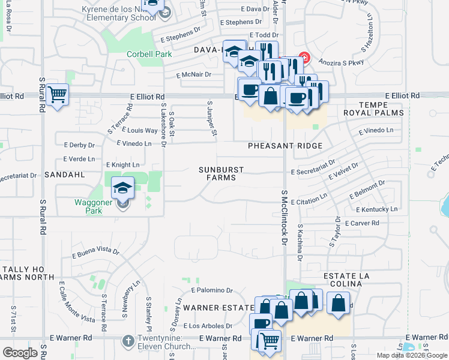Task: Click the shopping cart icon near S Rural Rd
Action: (x=57, y=94)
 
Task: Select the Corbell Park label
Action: (x=149, y=54)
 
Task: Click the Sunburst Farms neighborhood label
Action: (x=221, y=174)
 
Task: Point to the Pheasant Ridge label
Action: (x=285, y=146)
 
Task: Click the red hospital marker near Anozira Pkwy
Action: (x=304, y=58)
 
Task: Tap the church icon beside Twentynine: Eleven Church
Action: (x=127, y=341)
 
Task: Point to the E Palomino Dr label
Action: (x=212, y=290)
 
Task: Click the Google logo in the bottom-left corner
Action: (x=20, y=353)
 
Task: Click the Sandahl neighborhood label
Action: (x=64, y=174)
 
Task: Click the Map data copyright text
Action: (x=411, y=355)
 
